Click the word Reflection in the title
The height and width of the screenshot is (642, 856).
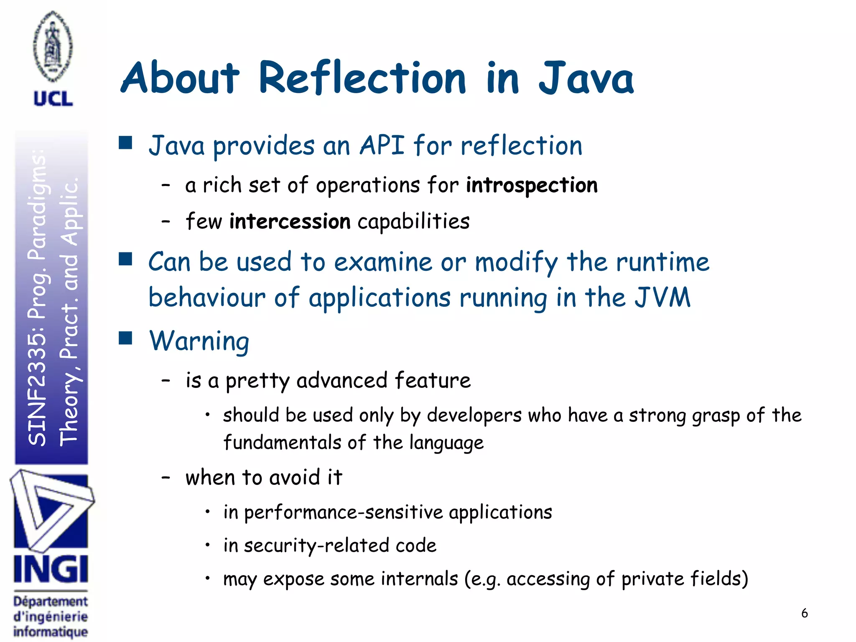coord(362,78)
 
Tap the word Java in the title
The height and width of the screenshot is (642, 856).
coord(586,78)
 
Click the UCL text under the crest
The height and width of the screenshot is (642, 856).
coord(53,99)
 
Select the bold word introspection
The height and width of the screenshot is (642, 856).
coord(532,185)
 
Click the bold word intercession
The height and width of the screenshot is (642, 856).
coord(290,222)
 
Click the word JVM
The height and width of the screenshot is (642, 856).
coord(662,298)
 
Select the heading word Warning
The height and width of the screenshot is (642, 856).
coord(199,341)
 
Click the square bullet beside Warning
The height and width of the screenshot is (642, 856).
coord(125,338)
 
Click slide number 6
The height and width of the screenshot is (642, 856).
coord(804,613)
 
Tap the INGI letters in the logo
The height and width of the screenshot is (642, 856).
coord(51,569)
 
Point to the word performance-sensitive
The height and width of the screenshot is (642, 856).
coord(343,512)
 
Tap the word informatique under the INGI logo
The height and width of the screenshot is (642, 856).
coord(51,632)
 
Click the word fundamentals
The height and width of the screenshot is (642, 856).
coord(282,443)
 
